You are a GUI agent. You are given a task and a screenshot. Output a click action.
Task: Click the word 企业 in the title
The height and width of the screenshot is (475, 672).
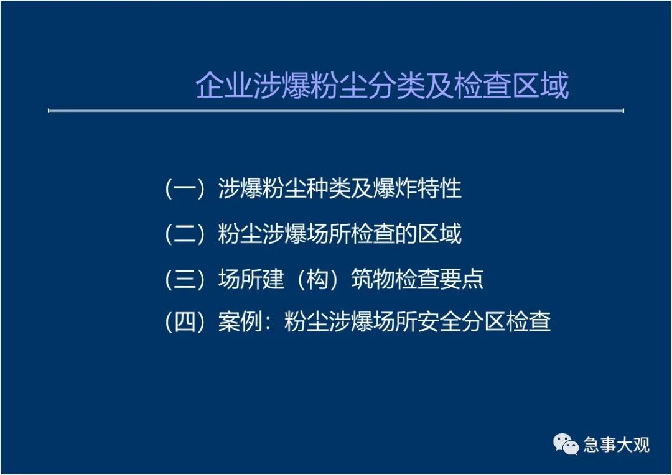coord(224,86)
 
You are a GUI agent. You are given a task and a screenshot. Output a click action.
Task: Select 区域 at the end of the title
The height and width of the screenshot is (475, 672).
coord(540,86)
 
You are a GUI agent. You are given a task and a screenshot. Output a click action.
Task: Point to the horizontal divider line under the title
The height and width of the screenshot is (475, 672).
coord(336,111)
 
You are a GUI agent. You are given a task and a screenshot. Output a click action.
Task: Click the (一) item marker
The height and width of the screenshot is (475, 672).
coord(185,189)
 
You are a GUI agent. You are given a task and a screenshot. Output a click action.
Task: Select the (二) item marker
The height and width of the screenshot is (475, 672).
coord(185,234)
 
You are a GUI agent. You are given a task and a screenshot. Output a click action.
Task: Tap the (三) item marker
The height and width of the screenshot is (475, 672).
coord(185,279)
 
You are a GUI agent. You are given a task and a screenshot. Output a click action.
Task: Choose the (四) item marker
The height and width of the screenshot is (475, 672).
coord(185,321)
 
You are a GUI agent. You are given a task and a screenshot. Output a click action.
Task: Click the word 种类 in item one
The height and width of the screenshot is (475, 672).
coord(329,188)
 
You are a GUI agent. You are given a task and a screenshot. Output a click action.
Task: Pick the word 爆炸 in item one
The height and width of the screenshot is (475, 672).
coord(394,188)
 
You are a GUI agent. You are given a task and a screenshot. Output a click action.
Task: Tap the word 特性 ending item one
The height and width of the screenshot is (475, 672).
coord(439,188)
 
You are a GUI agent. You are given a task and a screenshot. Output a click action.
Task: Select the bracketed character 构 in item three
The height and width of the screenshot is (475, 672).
coord(317,279)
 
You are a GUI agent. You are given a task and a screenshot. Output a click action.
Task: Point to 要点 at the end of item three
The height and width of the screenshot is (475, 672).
coord(462,279)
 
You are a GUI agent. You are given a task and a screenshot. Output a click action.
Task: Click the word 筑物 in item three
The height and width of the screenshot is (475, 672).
coord(373,279)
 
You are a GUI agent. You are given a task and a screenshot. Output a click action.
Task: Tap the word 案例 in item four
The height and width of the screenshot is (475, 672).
coord(240,321)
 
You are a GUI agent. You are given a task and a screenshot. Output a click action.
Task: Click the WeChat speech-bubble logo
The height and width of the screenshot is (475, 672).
coord(566,444)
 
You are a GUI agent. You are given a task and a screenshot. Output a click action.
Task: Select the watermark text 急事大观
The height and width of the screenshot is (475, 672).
coord(616,445)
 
